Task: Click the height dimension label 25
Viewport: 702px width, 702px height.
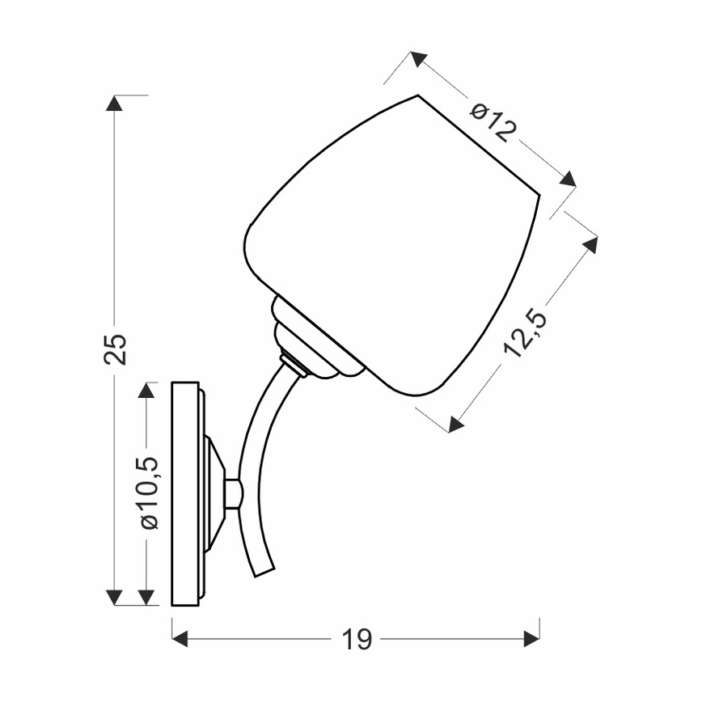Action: (x=116, y=349)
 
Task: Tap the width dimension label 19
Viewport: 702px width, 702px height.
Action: (x=357, y=640)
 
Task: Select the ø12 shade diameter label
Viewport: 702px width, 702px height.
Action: (x=493, y=122)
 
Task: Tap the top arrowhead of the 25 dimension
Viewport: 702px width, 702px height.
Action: (x=115, y=103)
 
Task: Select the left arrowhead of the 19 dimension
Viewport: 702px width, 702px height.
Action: (x=180, y=639)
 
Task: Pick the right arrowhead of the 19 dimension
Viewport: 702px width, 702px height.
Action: (x=531, y=639)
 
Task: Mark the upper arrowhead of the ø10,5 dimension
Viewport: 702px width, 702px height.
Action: (x=146, y=390)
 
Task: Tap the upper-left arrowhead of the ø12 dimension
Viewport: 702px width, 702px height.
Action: (x=418, y=58)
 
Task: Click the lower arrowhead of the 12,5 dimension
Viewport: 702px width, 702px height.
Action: (x=455, y=424)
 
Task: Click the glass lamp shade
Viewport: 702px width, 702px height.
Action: (x=388, y=243)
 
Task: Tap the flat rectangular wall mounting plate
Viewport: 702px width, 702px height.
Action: (x=185, y=493)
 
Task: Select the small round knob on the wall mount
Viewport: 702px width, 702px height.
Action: (x=232, y=493)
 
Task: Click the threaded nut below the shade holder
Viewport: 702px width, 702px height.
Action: (x=294, y=363)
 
